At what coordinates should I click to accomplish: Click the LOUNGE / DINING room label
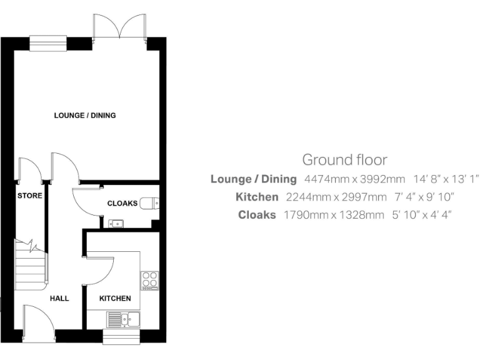coord(85,116)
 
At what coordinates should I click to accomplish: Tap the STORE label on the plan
coord(29,196)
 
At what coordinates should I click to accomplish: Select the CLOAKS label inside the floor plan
coord(122,203)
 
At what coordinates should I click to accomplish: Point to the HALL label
coord(60,298)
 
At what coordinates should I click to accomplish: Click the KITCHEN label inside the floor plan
coord(116,298)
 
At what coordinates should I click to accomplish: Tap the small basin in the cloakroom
coord(116,222)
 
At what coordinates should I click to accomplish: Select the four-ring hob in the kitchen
coord(149,279)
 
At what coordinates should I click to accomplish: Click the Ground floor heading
coord(344,160)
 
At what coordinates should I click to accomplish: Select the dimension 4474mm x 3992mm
coord(354,179)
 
